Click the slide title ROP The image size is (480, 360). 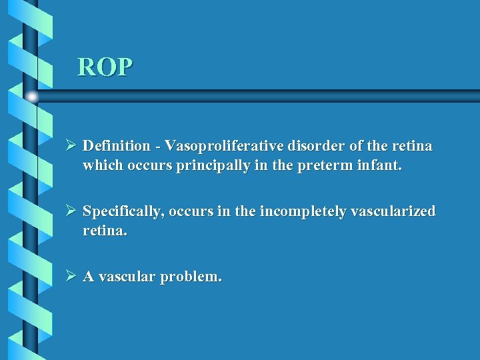(x=105, y=67)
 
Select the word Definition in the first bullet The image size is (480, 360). (x=117, y=145)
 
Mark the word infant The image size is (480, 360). (x=379, y=165)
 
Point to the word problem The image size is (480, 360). (x=192, y=276)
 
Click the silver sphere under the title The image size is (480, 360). (x=31, y=97)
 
